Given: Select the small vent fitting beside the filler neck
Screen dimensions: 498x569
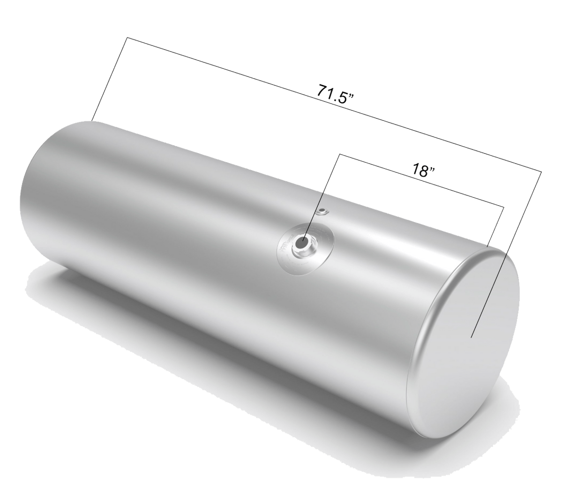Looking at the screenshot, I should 321,212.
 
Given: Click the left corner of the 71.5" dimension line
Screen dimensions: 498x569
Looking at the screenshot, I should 127,37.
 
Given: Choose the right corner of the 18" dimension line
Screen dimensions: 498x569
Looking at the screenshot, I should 504,206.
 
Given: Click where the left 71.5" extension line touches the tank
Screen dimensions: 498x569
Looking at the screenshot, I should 92,120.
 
